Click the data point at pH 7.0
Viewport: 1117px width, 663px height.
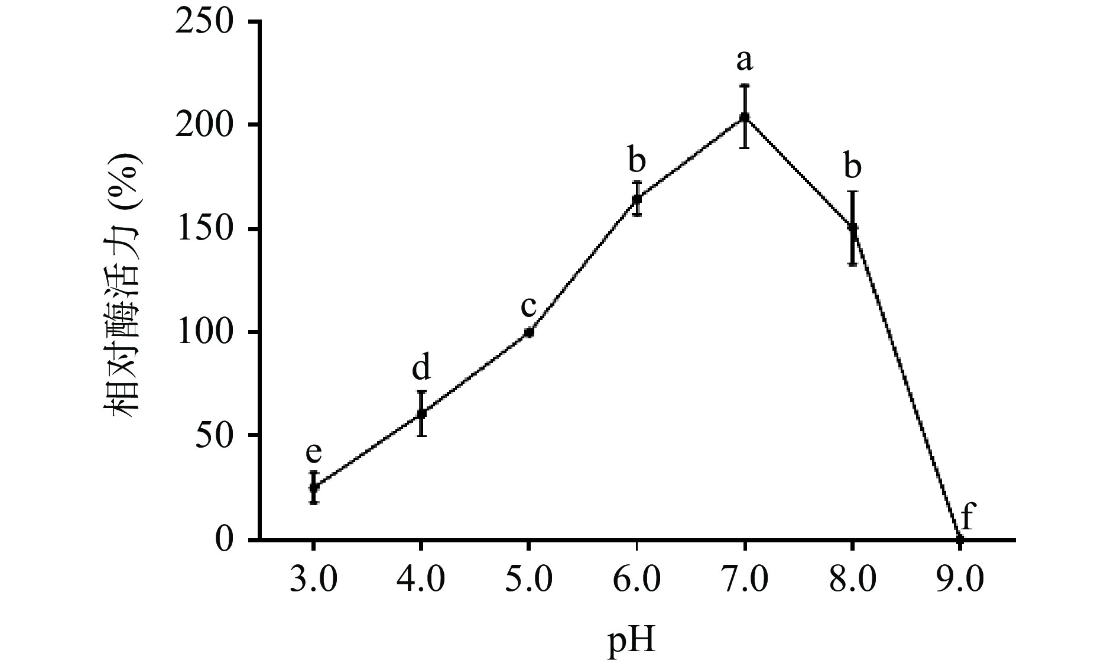tap(745, 117)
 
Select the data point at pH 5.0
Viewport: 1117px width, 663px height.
tap(529, 332)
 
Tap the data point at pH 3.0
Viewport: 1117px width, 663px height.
tap(314, 487)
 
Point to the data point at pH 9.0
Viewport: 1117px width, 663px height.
tap(960, 539)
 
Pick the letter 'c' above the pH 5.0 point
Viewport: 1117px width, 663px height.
tap(528, 306)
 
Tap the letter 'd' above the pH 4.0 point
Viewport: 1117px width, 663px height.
tap(421, 368)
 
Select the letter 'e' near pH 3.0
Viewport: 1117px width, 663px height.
tap(314, 453)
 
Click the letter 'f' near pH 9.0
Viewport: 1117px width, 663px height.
tap(967, 516)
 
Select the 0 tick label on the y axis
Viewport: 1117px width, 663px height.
tap(224, 539)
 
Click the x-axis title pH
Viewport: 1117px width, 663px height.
tap(632, 641)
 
